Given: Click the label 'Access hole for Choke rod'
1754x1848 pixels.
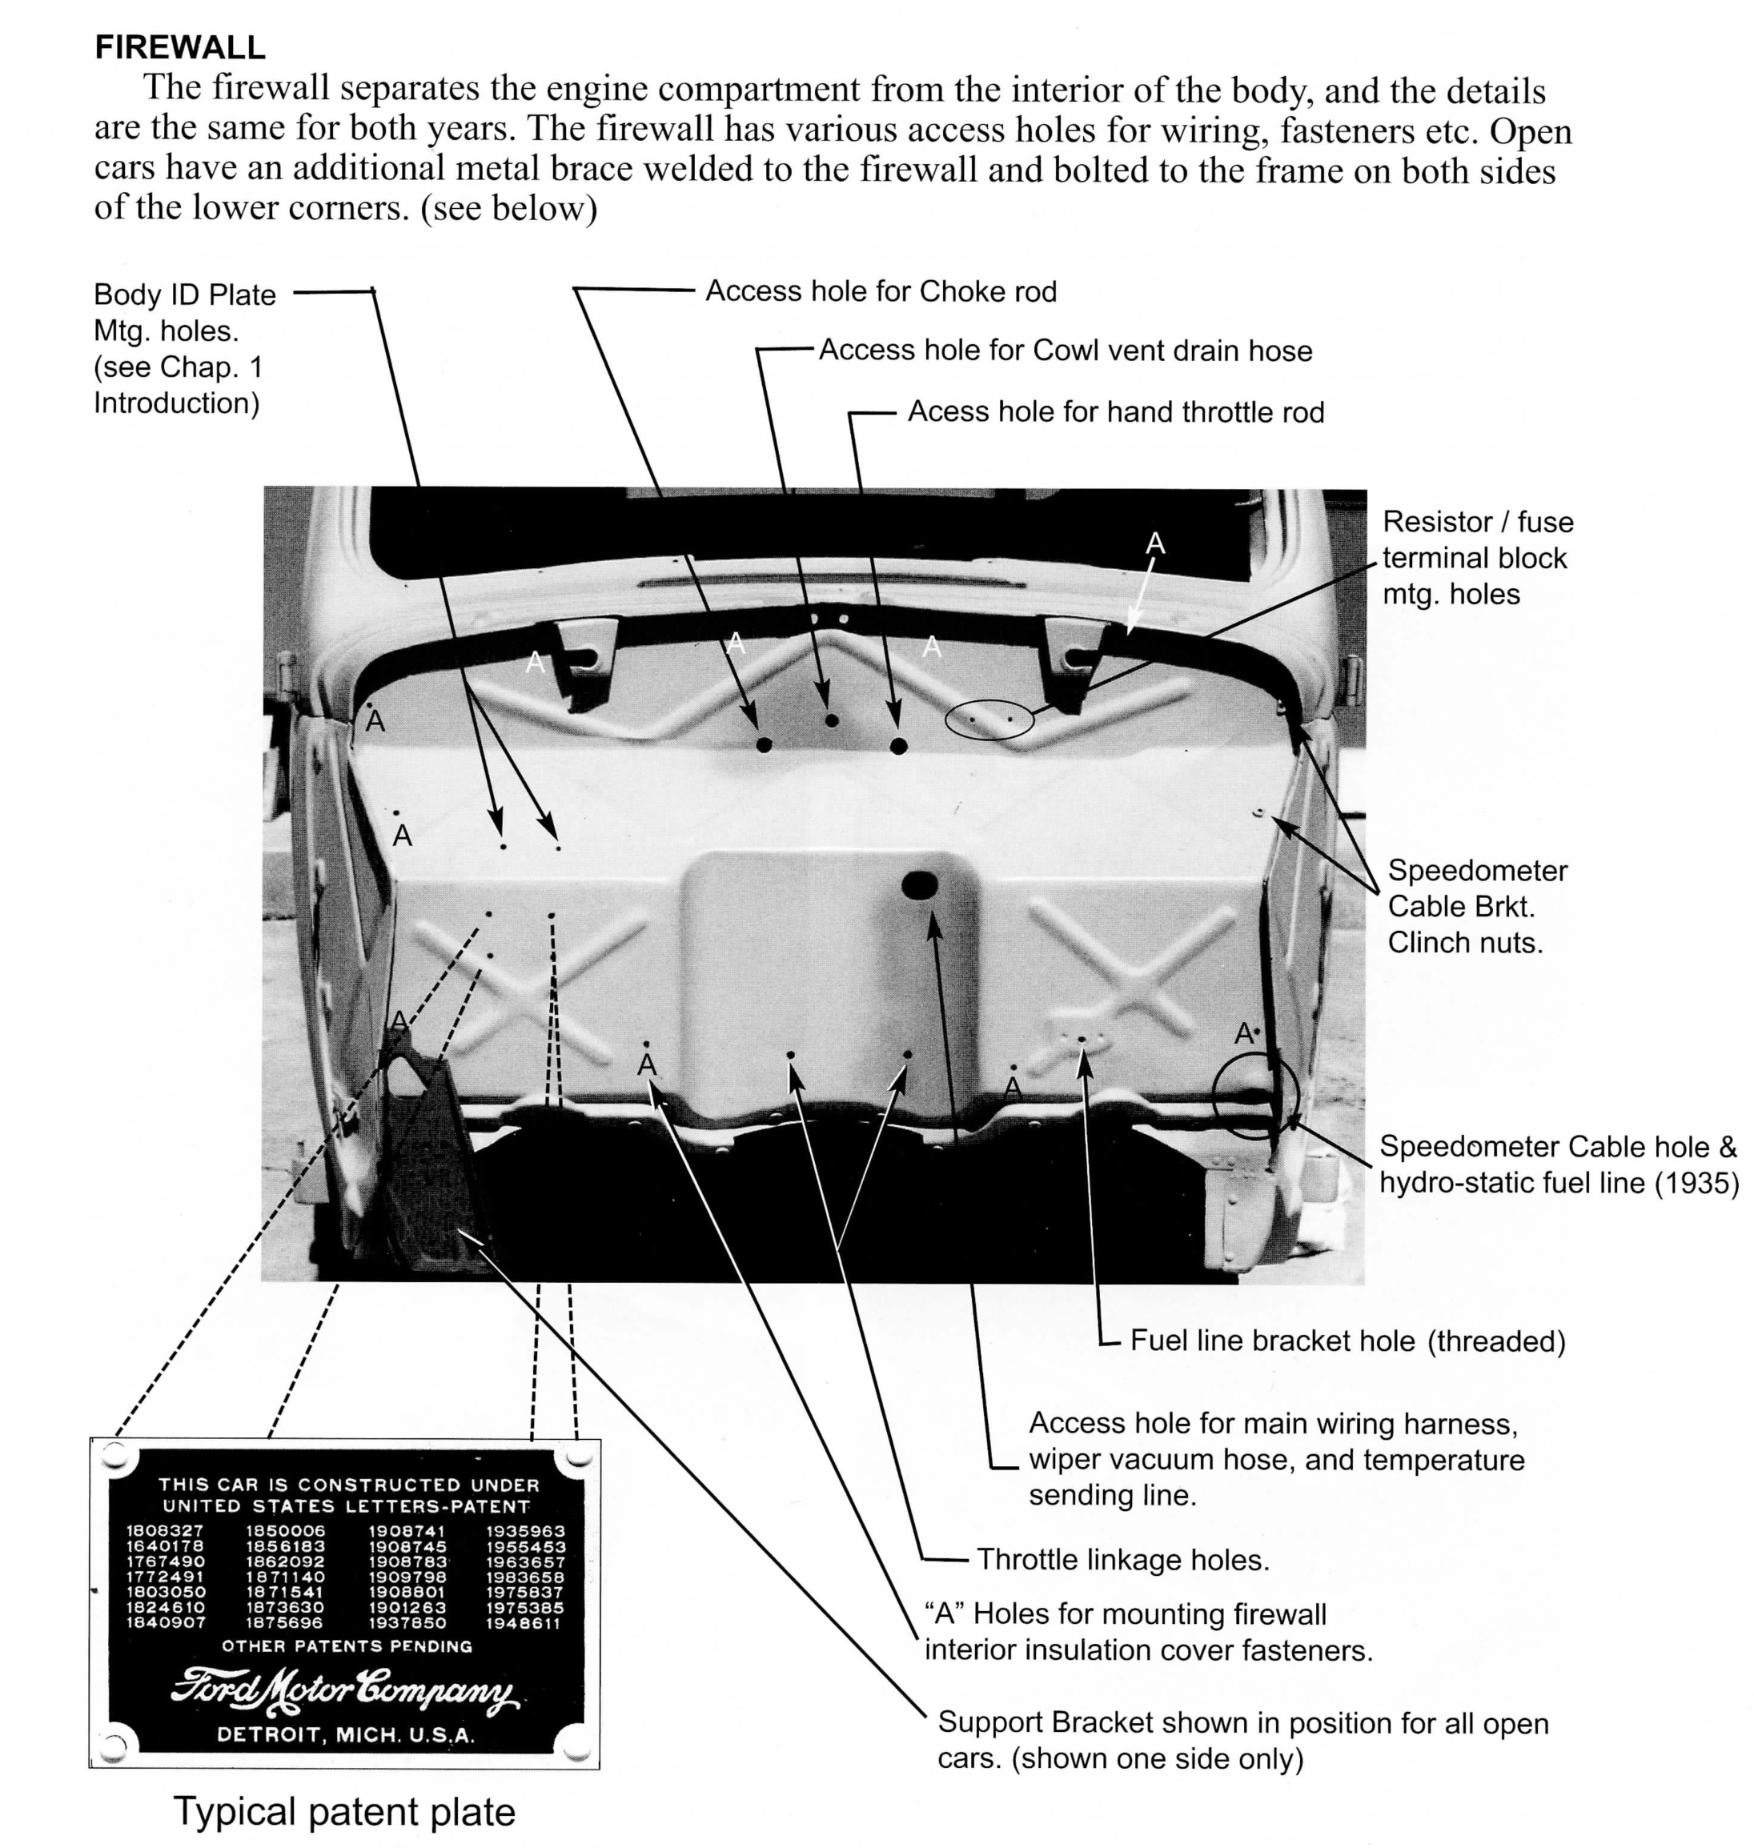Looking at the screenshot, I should (881, 291).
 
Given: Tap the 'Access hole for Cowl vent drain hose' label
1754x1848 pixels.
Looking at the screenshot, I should (1065, 351).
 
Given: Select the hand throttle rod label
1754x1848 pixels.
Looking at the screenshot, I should (1115, 412).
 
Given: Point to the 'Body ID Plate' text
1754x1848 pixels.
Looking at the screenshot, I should (184, 295).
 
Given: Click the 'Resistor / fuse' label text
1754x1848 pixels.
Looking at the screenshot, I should (1477, 522).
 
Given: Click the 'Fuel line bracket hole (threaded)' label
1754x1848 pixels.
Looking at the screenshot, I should (1347, 1341).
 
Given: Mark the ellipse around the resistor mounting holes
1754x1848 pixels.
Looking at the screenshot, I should (989, 720).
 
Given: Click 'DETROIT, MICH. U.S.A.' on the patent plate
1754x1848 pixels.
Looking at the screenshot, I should (346, 1735).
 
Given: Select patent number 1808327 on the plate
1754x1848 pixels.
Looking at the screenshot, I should (165, 1531).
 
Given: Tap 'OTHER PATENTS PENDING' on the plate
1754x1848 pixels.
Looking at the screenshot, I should (347, 1646).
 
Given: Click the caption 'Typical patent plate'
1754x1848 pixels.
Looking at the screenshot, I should (344, 1810).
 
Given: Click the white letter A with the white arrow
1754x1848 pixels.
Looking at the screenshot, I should (1156, 543).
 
